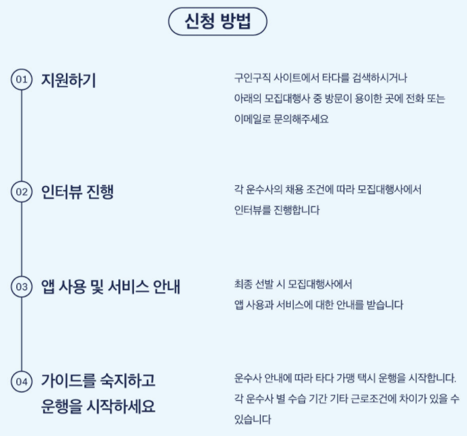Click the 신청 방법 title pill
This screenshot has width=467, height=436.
coord(218,22)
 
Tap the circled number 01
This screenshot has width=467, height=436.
coord(22,80)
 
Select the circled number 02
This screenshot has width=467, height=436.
coord(22,192)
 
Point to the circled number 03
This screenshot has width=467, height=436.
coord(22,287)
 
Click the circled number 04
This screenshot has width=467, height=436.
coord(22,381)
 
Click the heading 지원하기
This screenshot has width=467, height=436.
coord(69,80)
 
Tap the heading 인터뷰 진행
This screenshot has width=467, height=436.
coord(78,192)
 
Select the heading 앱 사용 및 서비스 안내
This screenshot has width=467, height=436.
coord(111,287)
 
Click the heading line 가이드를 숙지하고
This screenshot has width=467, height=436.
coord(98,379)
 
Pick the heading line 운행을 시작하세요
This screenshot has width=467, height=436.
coord(98,407)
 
